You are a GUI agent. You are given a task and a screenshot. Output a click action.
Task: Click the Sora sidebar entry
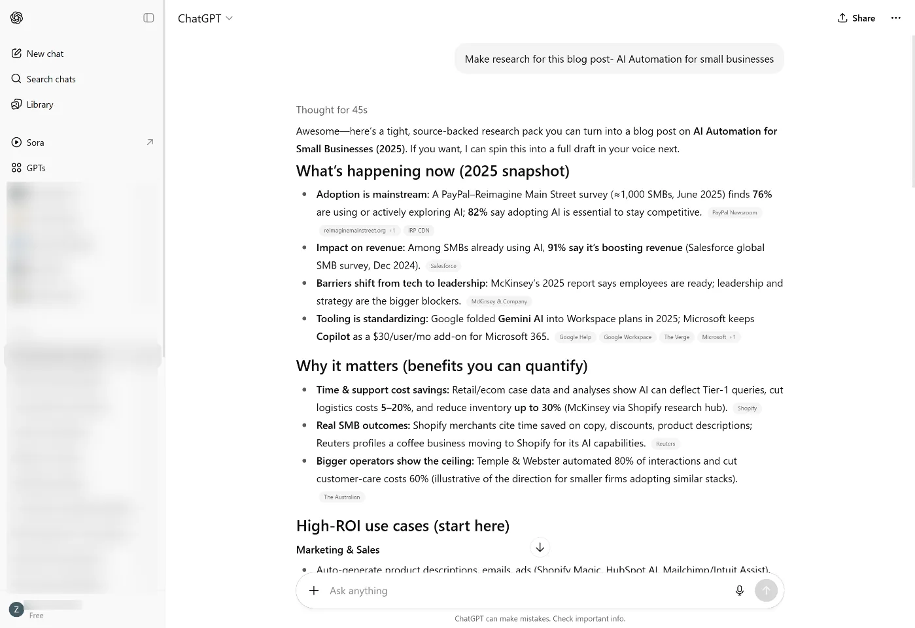point(35,142)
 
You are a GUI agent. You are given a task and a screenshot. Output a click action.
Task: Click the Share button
point(856,18)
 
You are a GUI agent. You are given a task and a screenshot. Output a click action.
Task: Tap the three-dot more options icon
point(895,18)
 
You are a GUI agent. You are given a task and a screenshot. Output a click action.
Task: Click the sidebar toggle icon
point(148,18)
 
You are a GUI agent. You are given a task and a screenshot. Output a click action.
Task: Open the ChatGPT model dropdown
point(205,18)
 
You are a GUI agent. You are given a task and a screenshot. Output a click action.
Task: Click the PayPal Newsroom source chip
point(734,213)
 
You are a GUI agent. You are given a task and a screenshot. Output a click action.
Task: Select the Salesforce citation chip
point(443,266)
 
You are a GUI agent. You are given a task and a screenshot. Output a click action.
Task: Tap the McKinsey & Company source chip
point(499,302)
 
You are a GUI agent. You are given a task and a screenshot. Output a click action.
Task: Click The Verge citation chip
point(676,337)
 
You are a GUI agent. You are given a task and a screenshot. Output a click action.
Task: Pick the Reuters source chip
point(665,444)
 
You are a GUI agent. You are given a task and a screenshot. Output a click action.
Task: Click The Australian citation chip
point(341,497)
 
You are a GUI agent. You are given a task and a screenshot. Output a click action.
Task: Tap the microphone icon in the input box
point(739,591)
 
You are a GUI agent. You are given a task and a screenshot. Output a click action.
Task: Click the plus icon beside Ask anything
point(314,591)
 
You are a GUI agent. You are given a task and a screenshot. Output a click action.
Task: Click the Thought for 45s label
point(332,110)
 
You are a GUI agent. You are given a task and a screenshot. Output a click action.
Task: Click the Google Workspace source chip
point(627,337)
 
